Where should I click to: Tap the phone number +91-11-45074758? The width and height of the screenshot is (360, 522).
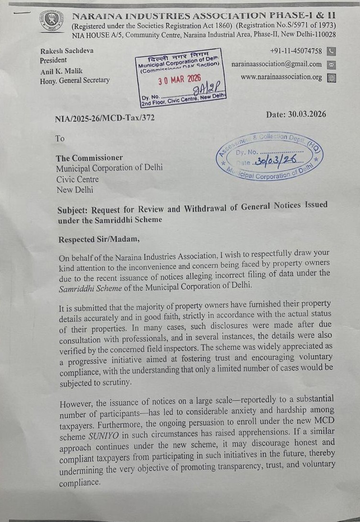click(296, 51)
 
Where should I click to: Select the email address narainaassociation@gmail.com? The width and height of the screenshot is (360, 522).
click(277, 64)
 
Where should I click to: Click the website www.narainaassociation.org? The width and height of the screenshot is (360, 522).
click(281, 77)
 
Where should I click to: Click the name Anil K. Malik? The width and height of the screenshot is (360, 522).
click(62, 71)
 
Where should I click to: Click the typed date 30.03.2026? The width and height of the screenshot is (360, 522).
click(295, 114)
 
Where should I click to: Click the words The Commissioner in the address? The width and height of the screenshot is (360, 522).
click(90, 158)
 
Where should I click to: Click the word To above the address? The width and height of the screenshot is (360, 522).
click(60, 139)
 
